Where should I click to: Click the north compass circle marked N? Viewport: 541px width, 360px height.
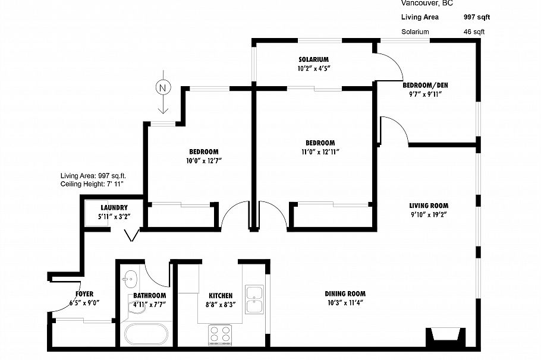tap(162, 87)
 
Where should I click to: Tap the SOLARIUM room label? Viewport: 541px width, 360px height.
tap(314, 59)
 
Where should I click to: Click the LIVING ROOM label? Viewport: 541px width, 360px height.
tap(428, 206)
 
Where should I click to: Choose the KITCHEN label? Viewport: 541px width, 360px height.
tap(220, 295)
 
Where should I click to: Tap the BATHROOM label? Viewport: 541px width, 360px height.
tap(149, 295)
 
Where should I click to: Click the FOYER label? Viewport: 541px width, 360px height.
tap(84, 294)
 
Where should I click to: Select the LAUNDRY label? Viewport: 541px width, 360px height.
tap(114, 207)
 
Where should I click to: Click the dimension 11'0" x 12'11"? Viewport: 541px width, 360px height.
tap(320, 151)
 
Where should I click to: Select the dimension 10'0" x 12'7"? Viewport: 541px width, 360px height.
tap(203, 160)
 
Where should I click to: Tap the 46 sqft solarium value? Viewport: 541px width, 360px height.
tap(474, 31)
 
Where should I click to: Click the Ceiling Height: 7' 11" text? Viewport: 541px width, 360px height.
tap(96, 184)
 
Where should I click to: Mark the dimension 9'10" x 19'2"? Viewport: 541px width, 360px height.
tap(428, 214)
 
